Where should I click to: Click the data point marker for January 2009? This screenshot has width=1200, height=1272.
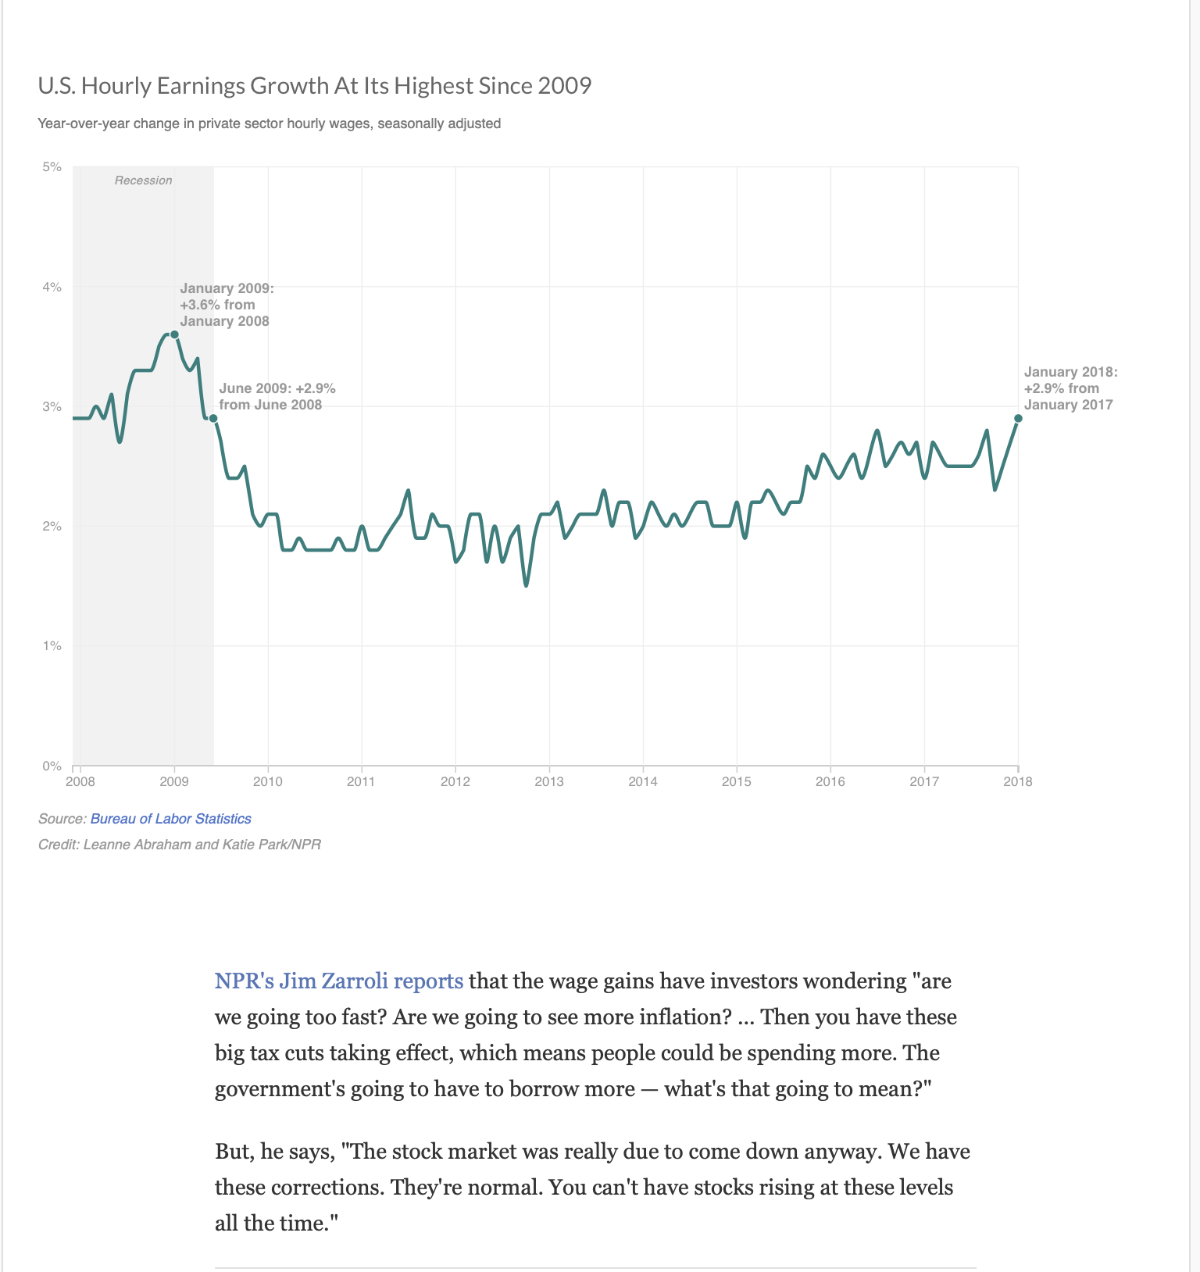point(174,334)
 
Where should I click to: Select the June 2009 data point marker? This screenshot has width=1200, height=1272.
point(213,419)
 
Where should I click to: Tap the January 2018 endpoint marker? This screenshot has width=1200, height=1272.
point(1018,419)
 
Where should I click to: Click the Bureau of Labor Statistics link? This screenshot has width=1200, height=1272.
point(171,819)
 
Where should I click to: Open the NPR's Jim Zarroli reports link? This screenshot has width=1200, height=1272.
point(339,981)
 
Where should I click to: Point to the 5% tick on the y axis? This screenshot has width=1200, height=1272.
point(52,166)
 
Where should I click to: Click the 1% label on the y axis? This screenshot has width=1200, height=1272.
point(52,645)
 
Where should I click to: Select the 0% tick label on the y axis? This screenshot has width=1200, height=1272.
point(52,766)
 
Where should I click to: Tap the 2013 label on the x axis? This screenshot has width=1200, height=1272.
point(549,781)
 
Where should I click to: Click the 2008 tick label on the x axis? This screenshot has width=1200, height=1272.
point(80,781)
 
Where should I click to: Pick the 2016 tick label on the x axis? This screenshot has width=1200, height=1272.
point(830,781)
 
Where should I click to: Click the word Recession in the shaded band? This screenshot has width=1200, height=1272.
point(143,180)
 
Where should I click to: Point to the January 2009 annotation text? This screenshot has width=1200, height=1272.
point(227,305)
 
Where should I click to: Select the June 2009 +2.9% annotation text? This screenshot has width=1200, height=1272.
point(277,396)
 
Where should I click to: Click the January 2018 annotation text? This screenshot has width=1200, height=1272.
point(1071,388)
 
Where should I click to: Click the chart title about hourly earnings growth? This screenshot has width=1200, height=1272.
point(315,85)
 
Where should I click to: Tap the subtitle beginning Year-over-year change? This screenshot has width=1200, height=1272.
point(270,123)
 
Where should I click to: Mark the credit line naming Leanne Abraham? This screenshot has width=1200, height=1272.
point(180,845)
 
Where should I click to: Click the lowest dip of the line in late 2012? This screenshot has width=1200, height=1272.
point(526,585)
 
